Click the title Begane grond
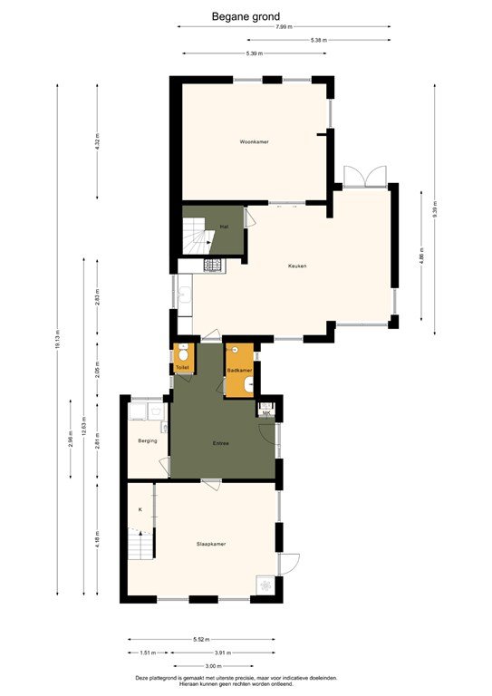click(246, 16)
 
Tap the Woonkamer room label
click(255, 142)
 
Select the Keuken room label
click(297, 266)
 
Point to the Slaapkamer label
click(211, 544)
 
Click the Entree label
click(220, 443)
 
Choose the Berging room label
click(148, 440)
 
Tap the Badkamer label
click(238, 371)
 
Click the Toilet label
click(182, 367)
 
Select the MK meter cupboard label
click(265, 413)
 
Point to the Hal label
click(223, 226)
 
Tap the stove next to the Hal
click(213, 266)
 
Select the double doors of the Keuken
click(364, 175)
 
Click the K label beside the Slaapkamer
click(140, 510)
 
